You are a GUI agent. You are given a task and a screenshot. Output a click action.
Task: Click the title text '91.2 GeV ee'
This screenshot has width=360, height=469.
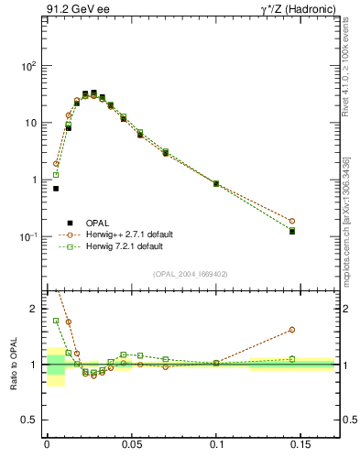pyautogui.click(x=72, y=10)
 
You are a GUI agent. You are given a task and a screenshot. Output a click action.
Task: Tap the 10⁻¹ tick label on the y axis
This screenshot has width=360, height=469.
pyautogui.click(x=28, y=236)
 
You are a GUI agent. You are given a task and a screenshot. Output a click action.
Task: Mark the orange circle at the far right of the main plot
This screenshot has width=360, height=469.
pyautogui.click(x=292, y=221)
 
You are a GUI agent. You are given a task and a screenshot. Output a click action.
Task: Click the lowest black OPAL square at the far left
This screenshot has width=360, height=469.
pyautogui.click(x=56, y=189)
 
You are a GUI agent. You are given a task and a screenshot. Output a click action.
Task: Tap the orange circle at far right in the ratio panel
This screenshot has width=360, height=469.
pyautogui.click(x=292, y=329)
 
